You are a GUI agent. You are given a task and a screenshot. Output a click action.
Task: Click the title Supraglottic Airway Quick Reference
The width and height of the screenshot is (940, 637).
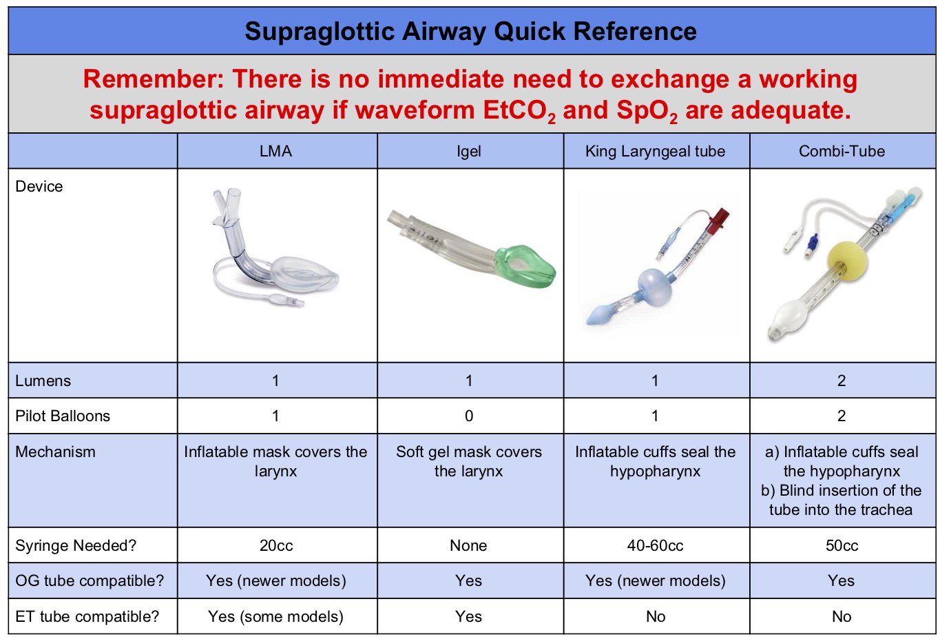point(470,31)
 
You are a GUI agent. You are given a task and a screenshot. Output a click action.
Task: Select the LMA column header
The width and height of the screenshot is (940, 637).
point(276,152)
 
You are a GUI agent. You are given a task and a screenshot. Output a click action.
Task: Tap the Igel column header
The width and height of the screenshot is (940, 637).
point(469,152)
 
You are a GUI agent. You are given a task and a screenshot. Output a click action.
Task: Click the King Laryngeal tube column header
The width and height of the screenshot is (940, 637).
point(655,152)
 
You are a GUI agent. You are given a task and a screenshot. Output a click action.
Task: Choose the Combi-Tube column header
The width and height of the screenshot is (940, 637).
point(841,152)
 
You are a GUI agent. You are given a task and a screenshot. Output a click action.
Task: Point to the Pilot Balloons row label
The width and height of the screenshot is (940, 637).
point(63,416)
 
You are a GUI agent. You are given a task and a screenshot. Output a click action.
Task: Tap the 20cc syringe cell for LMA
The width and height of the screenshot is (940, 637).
point(276,545)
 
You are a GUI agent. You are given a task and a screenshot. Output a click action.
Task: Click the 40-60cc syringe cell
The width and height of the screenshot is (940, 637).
point(655,545)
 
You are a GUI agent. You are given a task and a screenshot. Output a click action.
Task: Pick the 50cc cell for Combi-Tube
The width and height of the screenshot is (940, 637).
point(841,545)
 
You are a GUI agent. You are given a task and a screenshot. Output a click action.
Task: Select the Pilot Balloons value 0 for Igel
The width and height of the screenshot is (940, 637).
point(469,416)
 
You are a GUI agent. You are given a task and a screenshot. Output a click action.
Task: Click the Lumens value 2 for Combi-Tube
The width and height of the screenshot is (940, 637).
point(841,381)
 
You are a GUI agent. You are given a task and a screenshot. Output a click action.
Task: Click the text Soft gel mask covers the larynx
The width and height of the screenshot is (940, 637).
point(469,462)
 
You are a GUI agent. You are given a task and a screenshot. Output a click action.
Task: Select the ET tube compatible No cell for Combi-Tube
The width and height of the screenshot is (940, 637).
point(841,616)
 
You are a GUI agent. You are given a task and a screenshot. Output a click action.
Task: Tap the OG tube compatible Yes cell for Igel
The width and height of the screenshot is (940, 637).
point(469,580)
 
